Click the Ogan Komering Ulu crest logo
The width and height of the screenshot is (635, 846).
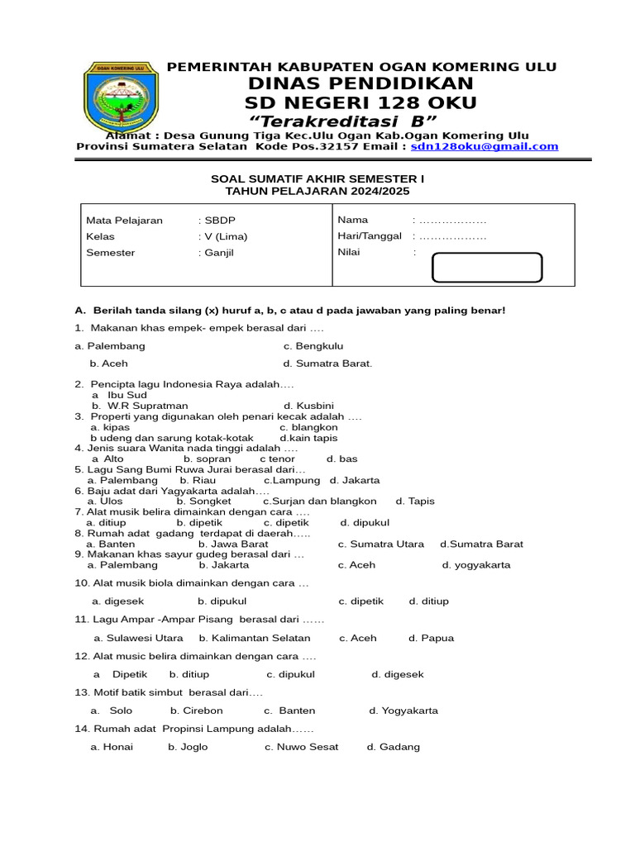coord(119,97)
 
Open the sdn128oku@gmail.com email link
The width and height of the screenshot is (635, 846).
coord(485,146)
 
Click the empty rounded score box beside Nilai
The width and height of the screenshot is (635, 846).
coord(487,268)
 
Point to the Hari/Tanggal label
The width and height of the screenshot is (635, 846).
coord(370,236)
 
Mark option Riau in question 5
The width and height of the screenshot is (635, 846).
coord(198,480)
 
